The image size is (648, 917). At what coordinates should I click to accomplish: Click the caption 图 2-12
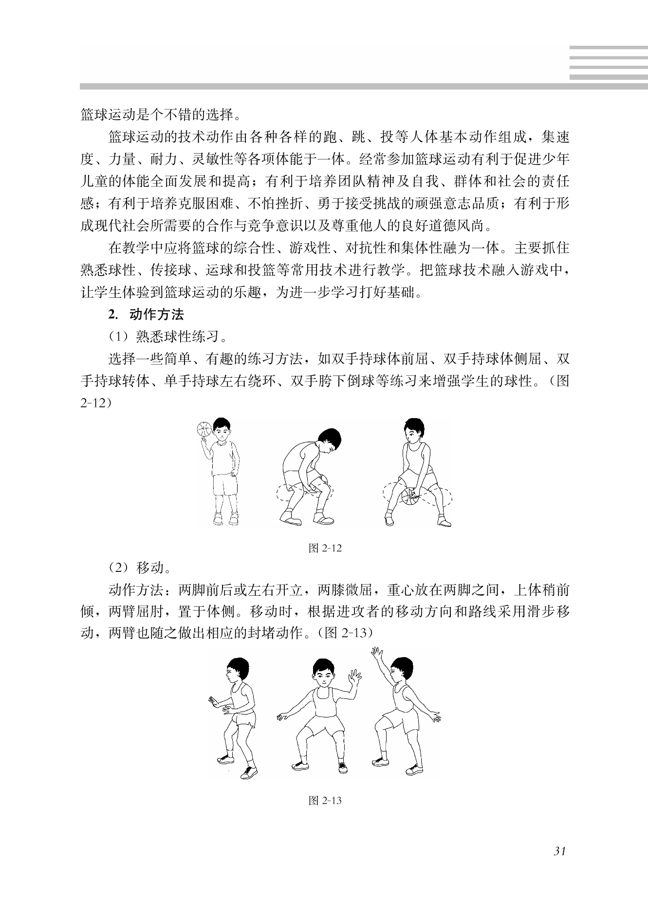pyautogui.click(x=325, y=549)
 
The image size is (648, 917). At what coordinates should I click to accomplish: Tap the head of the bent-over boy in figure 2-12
pyautogui.click(x=330, y=439)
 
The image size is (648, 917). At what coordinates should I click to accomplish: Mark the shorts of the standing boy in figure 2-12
pyautogui.click(x=224, y=485)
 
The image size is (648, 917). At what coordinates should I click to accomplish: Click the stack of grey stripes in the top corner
pyautogui.click(x=608, y=63)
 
